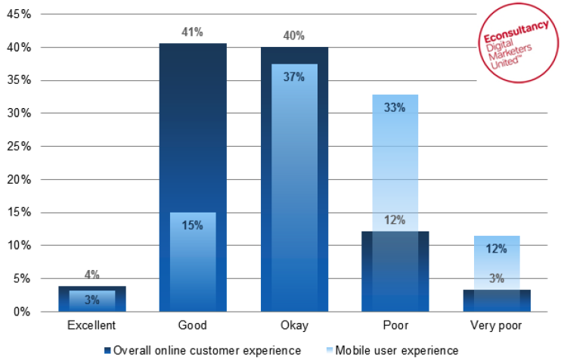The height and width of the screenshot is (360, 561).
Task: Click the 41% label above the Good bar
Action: coord(193,33)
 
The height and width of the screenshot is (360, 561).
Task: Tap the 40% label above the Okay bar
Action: coord(294,36)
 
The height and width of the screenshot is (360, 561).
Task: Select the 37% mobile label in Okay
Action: coord(294,76)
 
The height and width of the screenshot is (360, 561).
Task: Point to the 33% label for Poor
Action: coord(395,107)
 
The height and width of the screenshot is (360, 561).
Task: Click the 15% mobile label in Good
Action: coord(193,225)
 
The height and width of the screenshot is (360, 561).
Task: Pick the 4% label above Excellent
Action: coord(91,275)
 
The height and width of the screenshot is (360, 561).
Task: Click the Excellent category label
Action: coord(91,326)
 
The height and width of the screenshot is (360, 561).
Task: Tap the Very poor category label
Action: coord(496,326)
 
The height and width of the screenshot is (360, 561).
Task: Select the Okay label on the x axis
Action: coord(294,326)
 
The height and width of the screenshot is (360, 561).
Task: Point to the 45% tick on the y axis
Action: coord(17,14)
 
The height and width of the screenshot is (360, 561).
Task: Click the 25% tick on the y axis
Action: coord(17,147)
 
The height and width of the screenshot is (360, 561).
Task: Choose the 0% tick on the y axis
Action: coord(20,312)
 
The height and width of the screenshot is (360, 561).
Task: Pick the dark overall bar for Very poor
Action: coord(496,301)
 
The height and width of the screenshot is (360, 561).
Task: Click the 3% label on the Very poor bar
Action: coord(496,278)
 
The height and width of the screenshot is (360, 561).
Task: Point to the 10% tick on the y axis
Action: coord(17,246)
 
